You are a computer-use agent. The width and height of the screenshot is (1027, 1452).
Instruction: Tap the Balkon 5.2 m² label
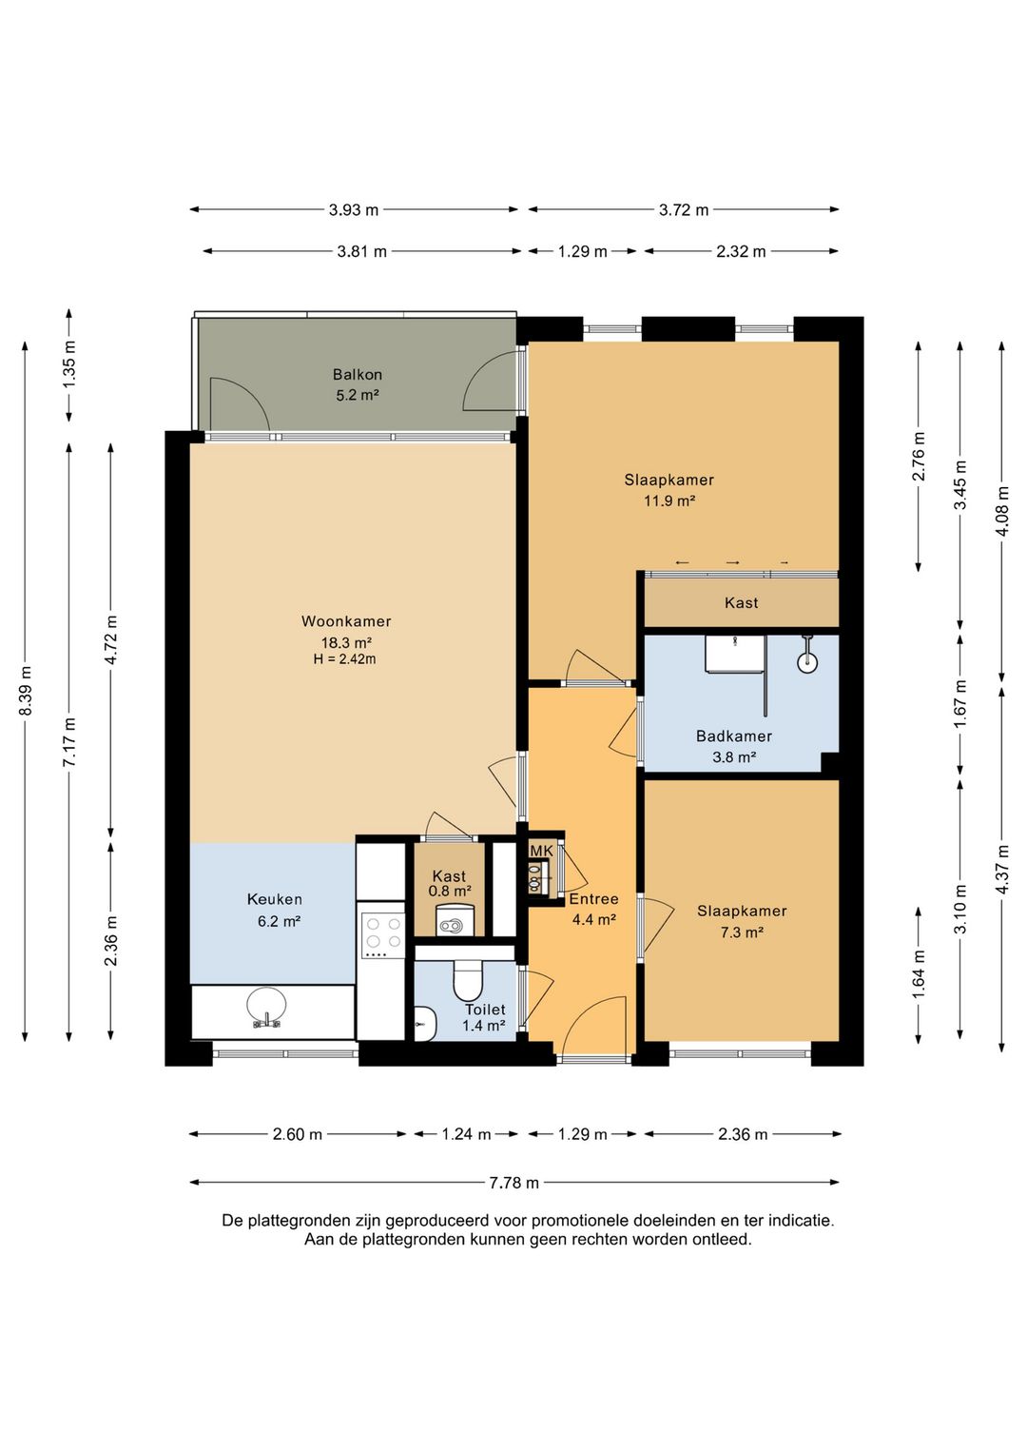click(x=357, y=384)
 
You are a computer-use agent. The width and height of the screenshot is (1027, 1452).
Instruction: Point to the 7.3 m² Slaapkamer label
click(x=742, y=921)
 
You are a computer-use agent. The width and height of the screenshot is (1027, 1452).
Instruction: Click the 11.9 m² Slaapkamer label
click(x=669, y=490)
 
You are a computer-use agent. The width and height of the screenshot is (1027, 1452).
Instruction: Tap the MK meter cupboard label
click(x=541, y=851)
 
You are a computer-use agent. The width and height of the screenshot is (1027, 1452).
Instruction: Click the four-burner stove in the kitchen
click(x=382, y=935)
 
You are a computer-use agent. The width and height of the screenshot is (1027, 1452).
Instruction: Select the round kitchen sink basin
click(x=266, y=1005)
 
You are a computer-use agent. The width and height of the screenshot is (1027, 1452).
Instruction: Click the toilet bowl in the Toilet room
click(x=467, y=980)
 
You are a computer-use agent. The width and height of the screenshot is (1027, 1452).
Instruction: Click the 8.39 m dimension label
click(x=26, y=691)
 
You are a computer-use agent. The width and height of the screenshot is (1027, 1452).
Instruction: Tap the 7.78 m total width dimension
click(x=513, y=1183)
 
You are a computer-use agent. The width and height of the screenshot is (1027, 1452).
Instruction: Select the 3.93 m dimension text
click(x=354, y=209)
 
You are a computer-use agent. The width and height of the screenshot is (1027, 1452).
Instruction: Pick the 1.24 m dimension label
click(x=467, y=1134)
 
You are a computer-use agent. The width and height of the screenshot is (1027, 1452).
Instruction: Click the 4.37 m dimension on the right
click(x=1002, y=870)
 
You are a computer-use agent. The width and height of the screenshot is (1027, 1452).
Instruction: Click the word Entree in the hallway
click(x=593, y=899)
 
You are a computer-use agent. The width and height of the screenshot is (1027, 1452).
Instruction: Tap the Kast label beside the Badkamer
click(x=742, y=603)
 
